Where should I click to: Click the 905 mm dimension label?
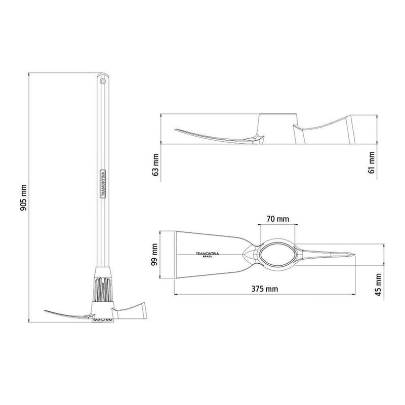point(23,197)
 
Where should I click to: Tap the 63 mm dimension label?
point(156,165)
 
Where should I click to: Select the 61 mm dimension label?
point(371,163)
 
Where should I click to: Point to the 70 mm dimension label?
point(277,219)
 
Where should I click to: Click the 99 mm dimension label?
point(154,255)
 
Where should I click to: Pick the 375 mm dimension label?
point(265,289)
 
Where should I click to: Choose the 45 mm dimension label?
point(378,285)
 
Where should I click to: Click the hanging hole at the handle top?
point(103,81)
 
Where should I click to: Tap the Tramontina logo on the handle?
point(103,184)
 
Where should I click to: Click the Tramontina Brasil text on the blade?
point(208,255)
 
